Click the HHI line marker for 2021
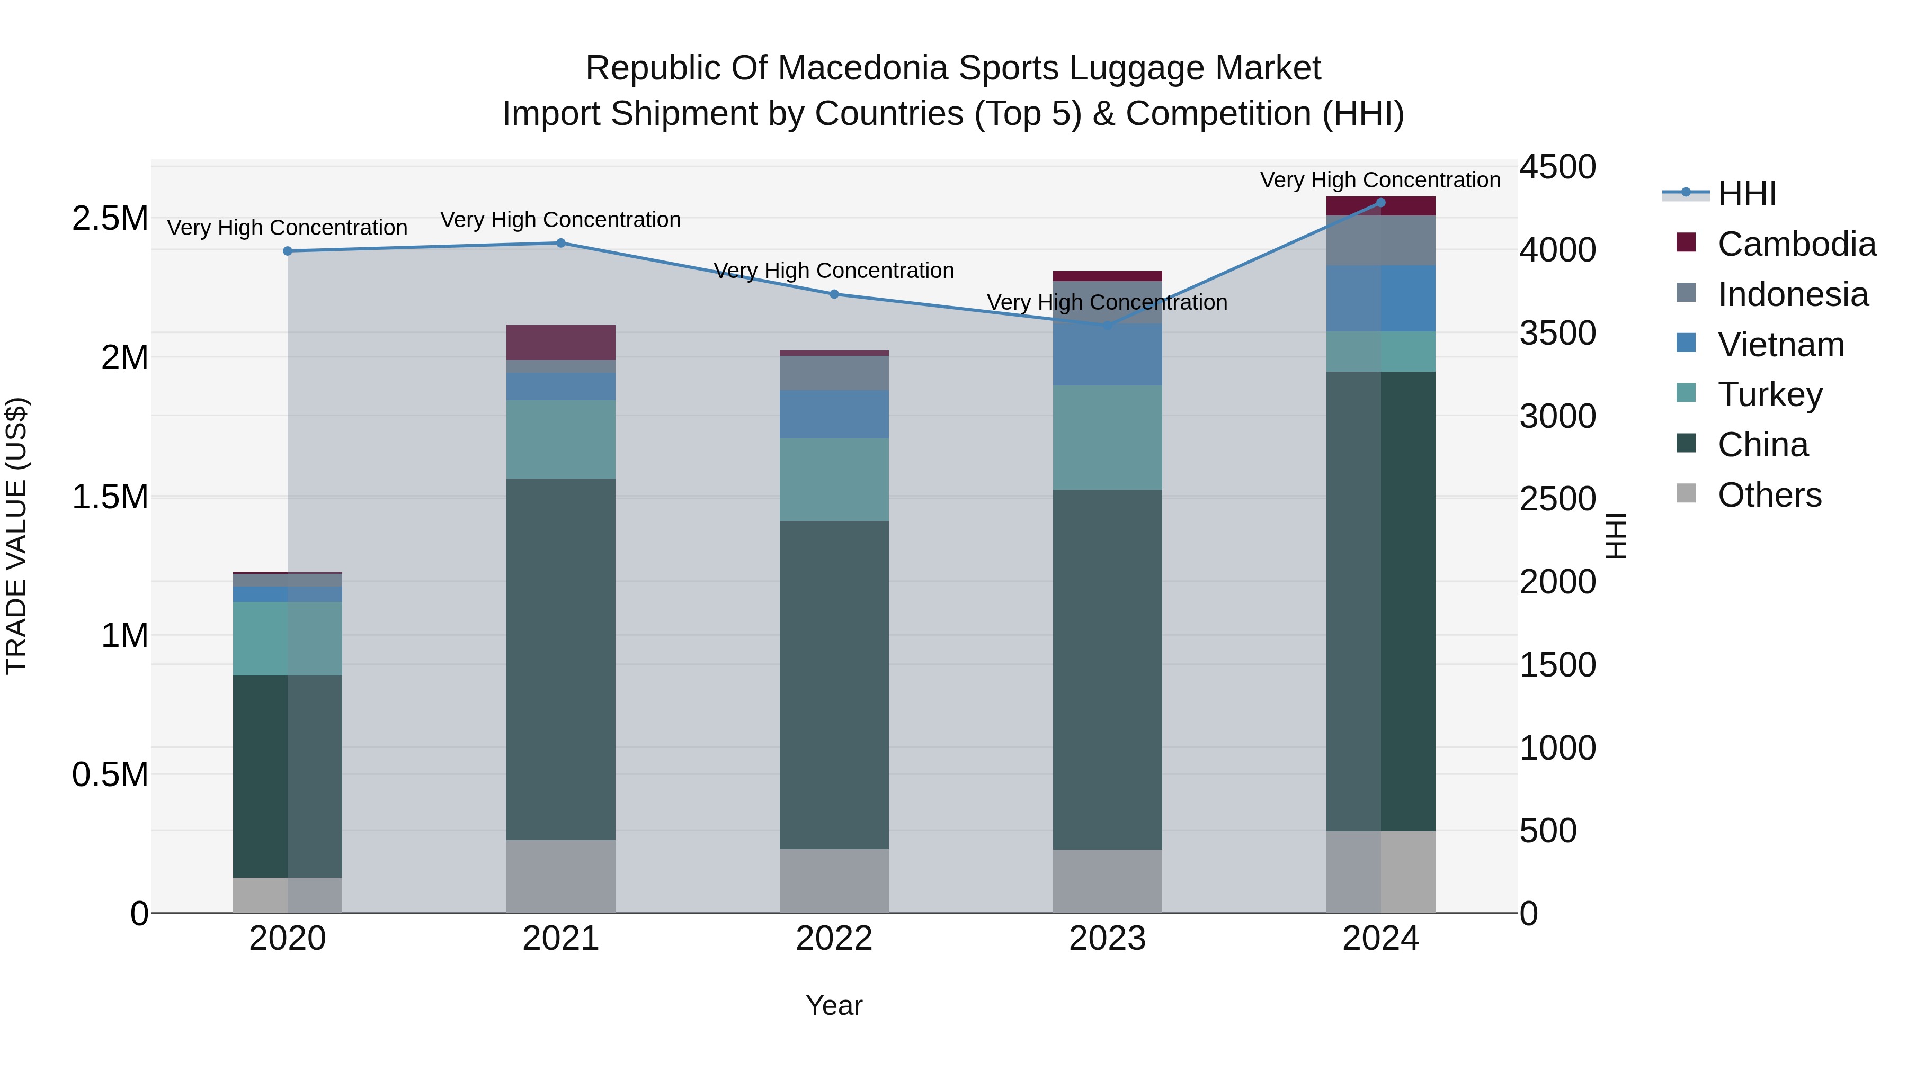point(560,242)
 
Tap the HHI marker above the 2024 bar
point(1380,202)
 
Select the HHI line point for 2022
point(834,294)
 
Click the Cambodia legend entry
point(1796,244)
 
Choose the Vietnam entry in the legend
point(1780,345)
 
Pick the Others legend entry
point(1769,495)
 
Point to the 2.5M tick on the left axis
point(110,219)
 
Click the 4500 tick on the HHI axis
point(1557,167)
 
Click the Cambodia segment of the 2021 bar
point(560,343)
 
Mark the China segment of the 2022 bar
point(834,684)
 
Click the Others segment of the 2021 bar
point(560,876)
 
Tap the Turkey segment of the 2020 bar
point(287,638)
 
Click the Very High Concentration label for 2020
point(287,228)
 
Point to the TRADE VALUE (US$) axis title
point(16,536)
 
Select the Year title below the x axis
point(834,1005)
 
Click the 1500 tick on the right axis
point(1557,665)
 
